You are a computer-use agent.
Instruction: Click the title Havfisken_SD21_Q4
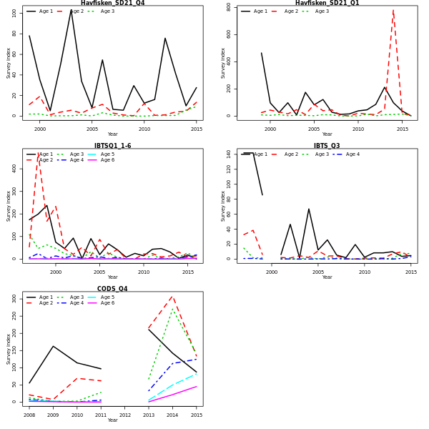click(x=112, y=3)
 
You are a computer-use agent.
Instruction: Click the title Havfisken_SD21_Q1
click(x=327, y=3)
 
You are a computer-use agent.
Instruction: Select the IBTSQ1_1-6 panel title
click(x=112, y=146)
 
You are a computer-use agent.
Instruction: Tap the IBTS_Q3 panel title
click(x=327, y=146)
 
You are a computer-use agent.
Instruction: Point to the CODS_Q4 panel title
click(x=112, y=289)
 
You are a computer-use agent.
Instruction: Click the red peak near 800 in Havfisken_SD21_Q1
click(x=393, y=10)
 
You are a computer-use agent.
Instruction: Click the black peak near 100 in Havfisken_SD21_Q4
click(x=71, y=10)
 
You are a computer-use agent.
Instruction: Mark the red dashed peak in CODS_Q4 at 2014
click(x=172, y=296)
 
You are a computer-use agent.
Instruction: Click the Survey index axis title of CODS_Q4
click(x=9, y=348)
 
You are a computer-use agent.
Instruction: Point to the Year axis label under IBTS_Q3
click(x=327, y=277)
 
